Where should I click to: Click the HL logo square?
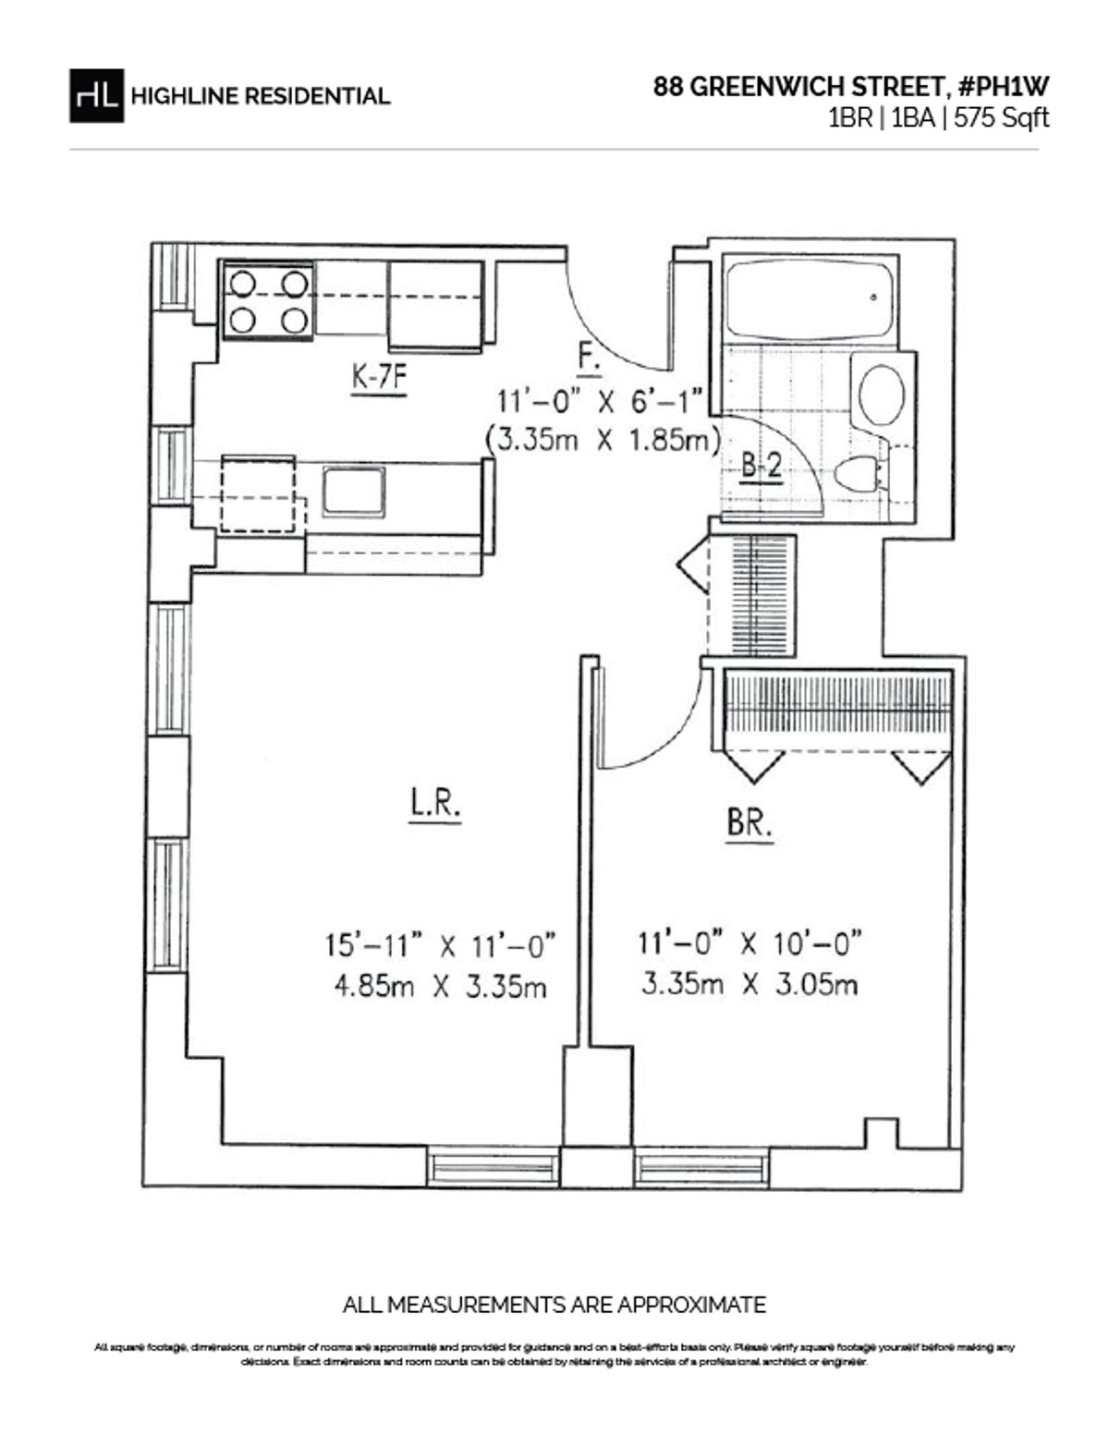click(96, 95)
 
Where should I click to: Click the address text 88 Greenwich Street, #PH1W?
click(851, 87)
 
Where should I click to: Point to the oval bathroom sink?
click(882, 395)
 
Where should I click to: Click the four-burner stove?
click(268, 301)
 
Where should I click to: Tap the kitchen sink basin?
click(353, 491)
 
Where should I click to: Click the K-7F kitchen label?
click(379, 379)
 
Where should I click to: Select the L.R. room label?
click(435, 806)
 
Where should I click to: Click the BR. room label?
click(749, 822)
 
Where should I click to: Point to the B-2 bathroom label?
click(762, 467)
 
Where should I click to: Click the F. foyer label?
click(589, 358)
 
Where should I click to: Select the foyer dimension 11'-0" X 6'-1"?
click(601, 402)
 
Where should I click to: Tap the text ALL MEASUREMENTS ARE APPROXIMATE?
click(554, 1306)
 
